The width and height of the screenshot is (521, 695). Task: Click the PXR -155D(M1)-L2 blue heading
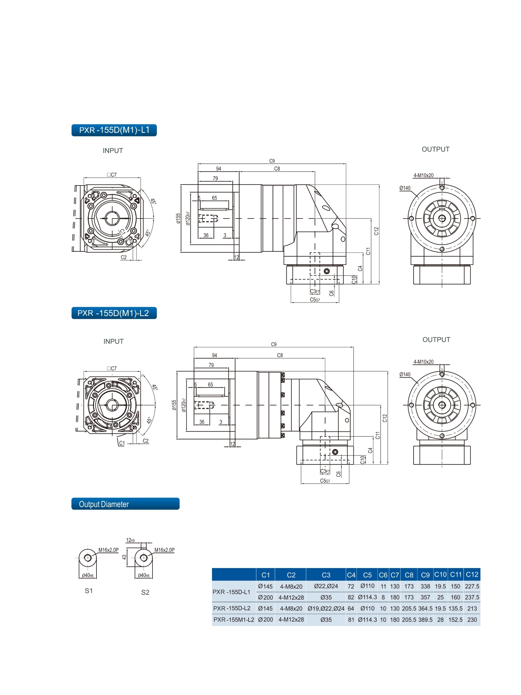pos(114,313)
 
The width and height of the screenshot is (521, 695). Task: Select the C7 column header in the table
pos(395,575)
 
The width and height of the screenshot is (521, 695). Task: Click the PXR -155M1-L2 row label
pos(233,620)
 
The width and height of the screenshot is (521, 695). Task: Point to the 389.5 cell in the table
pos(425,620)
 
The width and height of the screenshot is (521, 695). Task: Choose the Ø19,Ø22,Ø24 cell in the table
pos(326,608)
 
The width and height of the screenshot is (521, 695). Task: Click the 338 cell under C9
pos(425,586)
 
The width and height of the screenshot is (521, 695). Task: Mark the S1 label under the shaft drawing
pos(89,591)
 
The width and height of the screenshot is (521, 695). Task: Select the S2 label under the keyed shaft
pos(145,592)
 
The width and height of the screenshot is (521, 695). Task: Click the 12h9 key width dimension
pos(130,540)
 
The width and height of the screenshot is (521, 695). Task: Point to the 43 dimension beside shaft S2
pos(124,557)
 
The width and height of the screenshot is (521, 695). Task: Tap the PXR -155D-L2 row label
pos(232,608)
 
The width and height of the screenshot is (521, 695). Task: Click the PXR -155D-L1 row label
pos(231,592)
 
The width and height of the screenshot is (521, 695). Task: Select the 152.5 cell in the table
pos(455,620)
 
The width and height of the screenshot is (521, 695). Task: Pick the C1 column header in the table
pos(265,575)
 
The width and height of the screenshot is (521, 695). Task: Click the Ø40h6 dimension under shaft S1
pos(88,575)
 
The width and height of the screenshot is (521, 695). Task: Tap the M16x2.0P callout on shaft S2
pos(164,550)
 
